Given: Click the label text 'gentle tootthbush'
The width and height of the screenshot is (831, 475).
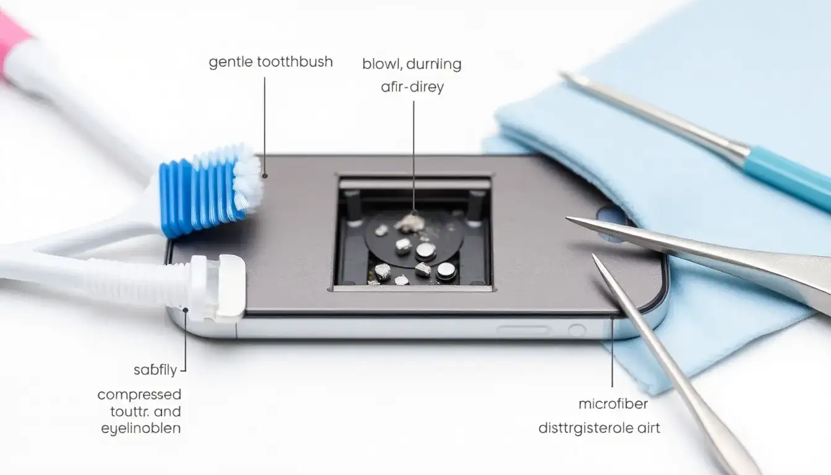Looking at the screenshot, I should coord(271,62).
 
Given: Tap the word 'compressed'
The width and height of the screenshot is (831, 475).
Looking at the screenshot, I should coord(139,395).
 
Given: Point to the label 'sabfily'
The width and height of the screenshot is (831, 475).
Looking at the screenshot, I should coord(155,370).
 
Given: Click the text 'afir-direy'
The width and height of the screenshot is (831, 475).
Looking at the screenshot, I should coord(412,87).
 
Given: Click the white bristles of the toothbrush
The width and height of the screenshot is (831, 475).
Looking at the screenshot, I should coord(248,180).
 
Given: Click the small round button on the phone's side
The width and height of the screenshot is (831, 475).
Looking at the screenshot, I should coord(576,331).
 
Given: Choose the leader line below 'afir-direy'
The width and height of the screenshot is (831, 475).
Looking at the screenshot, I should coord(414,155).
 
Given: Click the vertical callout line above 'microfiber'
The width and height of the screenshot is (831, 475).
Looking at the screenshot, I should coord(612,353).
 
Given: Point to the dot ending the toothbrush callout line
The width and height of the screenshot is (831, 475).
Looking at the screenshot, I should coord(265,176).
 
